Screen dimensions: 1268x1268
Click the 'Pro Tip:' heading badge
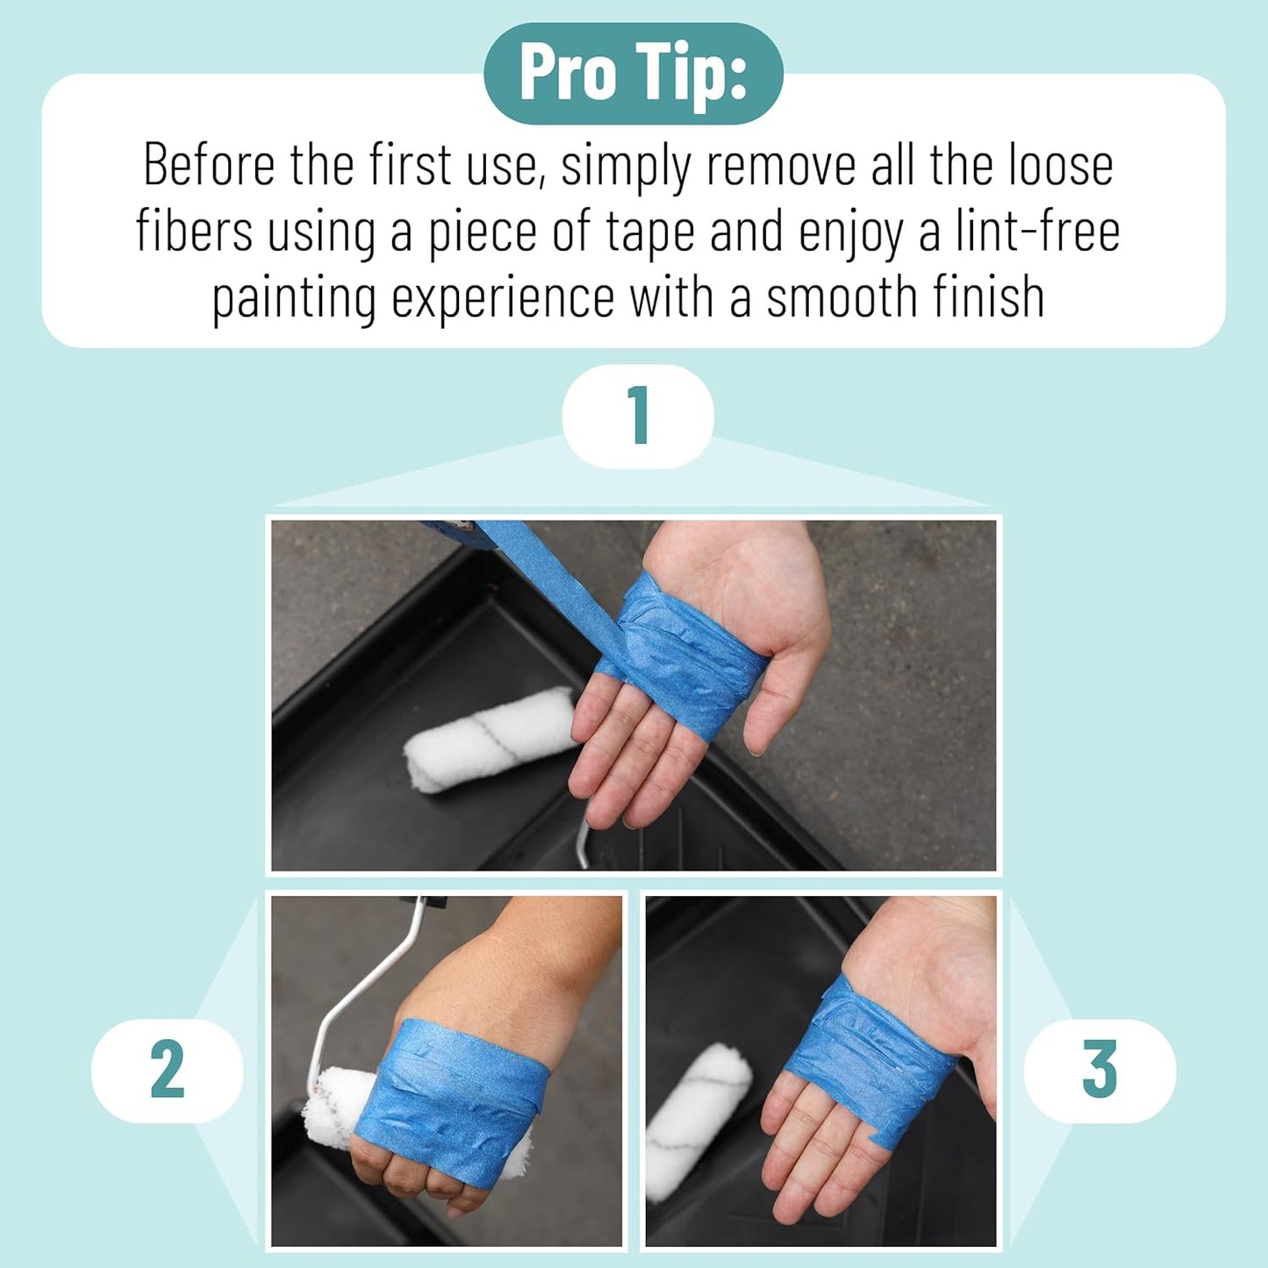point(633,74)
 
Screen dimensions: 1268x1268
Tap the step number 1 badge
point(638,416)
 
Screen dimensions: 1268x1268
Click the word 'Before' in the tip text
point(209,164)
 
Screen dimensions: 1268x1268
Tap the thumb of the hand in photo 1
point(790,691)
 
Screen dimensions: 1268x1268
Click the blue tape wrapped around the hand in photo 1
point(684,658)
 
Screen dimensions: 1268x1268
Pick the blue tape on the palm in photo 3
point(869,1059)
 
